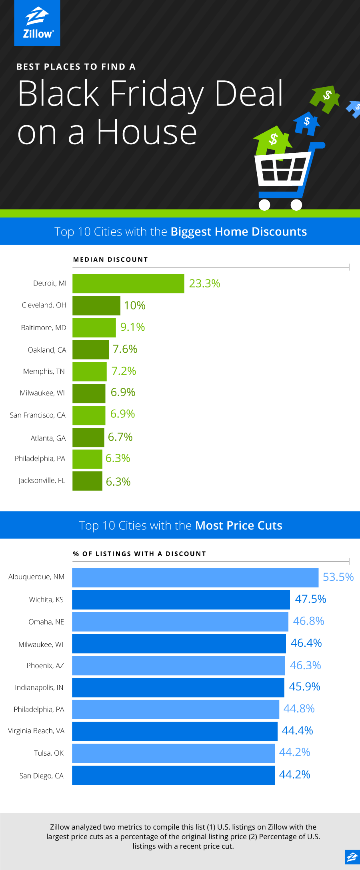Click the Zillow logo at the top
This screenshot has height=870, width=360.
point(37,23)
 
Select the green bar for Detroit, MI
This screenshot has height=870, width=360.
point(128,283)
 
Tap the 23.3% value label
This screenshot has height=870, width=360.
point(204,283)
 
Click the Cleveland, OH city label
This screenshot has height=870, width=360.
point(44,305)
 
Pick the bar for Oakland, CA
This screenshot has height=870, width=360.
point(90,349)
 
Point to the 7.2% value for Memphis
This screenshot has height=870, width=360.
point(124,371)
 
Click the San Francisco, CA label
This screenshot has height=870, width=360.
point(38,415)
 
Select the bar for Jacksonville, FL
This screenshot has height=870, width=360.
point(87,481)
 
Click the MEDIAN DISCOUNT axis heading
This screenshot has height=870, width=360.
point(110,259)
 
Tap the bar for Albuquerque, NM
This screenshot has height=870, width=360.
point(195,578)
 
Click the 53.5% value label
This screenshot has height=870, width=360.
point(338,577)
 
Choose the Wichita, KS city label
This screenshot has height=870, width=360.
point(46,599)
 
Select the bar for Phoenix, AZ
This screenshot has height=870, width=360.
point(178,666)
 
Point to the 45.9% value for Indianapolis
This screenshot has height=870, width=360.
point(304,687)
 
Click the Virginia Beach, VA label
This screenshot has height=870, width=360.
point(36,731)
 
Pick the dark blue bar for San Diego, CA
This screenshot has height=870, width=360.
point(174,775)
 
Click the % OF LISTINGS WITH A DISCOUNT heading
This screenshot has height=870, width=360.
point(139,554)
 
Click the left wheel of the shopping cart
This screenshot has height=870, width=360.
point(264,205)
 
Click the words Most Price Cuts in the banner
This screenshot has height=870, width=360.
point(239,525)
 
